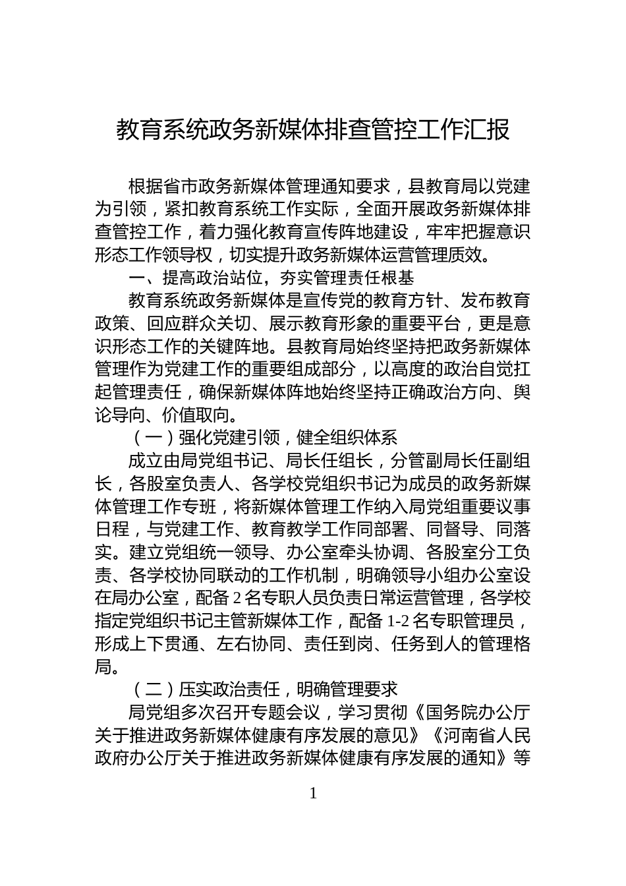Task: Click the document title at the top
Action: [x=313, y=130]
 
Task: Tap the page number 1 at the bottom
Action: [x=313, y=793]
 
